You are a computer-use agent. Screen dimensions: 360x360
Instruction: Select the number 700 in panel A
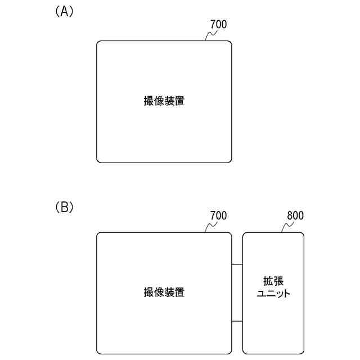(x=218, y=25)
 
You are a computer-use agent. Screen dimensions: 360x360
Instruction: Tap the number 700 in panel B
(x=218, y=216)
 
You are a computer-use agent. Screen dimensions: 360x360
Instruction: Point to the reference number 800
(x=295, y=216)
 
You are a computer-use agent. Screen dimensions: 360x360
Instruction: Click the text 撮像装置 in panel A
(x=164, y=102)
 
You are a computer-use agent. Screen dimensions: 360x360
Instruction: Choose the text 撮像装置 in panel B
(x=164, y=292)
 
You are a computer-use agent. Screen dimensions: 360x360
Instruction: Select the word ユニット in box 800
(x=273, y=294)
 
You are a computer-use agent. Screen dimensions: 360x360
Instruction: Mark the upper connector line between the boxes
(x=237, y=264)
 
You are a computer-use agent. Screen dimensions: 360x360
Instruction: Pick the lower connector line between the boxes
(x=237, y=321)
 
